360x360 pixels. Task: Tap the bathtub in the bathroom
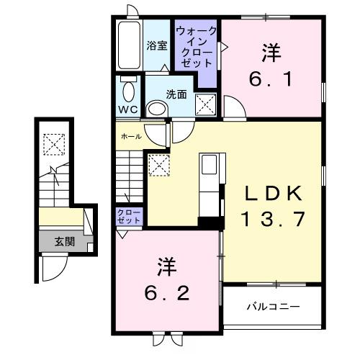coord(128,45)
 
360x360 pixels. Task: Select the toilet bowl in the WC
coord(128,91)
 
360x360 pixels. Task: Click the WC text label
coord(127,110)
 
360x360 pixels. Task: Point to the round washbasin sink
coord(155,109)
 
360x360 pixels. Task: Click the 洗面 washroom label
coord(176,94)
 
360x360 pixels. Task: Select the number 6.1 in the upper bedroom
coord(271,78)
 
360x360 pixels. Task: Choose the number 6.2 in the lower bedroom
coord(166,293)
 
